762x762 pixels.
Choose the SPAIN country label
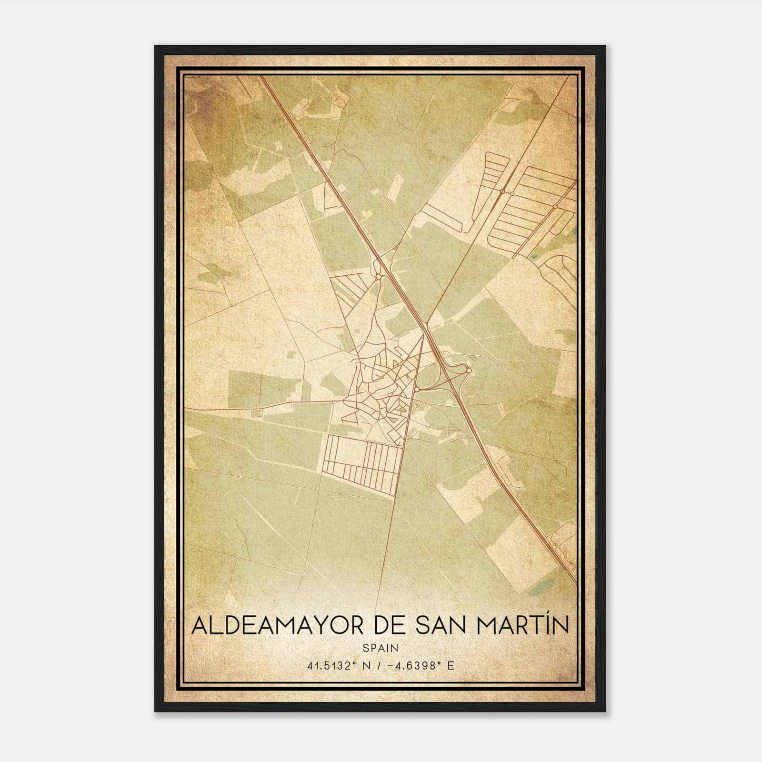coord(381,648)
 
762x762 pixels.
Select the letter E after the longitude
coord(451,666)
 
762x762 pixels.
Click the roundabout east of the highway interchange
coord(469,370)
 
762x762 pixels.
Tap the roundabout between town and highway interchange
coord(417,390)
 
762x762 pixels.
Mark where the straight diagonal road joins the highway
coord(425,325)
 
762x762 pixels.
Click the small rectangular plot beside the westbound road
coord(256,413)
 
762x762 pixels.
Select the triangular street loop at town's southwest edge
coord(350,415)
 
